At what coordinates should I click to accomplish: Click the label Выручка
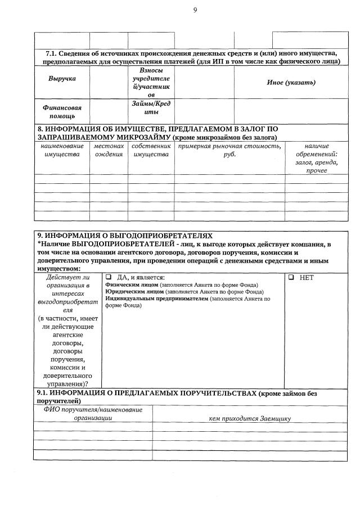point(62,79)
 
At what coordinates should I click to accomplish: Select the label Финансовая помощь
point(62,111)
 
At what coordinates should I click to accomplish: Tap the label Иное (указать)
point(291,83)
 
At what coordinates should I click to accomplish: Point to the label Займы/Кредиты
point(151,107)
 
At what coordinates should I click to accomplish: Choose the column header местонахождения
point(109,150)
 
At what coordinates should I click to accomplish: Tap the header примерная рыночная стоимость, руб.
point(229,150)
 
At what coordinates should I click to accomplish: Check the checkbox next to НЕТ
point(291,278)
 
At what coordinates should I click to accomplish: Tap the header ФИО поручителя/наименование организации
point(92,414)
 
